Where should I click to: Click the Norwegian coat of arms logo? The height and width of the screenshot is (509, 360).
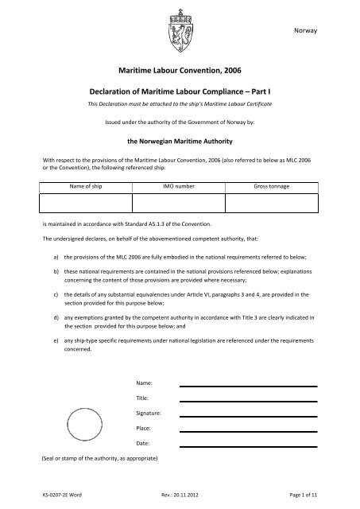180,28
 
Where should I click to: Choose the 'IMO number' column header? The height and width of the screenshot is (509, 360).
179,185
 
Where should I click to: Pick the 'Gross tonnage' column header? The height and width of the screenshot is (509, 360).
272,185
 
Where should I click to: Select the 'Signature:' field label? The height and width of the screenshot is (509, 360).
149,414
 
